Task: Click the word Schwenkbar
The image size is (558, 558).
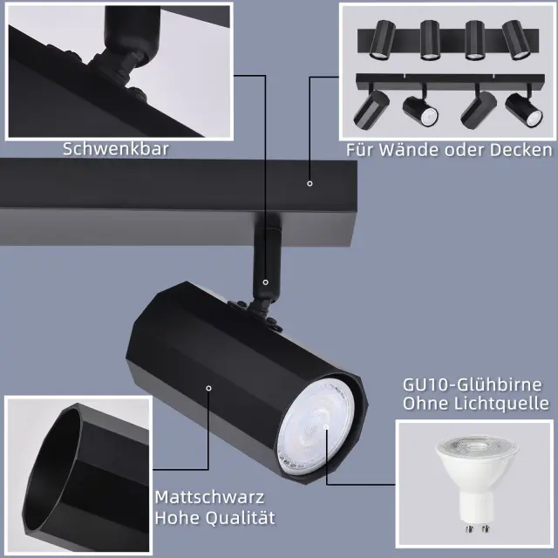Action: (x=116, y=149)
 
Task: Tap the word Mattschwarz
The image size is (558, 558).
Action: (x=209, y=497)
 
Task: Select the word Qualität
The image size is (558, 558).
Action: (x=241, y=518)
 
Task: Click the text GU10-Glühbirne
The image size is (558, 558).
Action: (x=473, y=385)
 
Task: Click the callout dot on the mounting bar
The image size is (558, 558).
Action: (x=310, y=184)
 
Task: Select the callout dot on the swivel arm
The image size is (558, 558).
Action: (x=265, y=282)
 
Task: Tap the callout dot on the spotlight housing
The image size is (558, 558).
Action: (x=209, y=388)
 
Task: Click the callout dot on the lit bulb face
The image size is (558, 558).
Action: (x=326, y=426)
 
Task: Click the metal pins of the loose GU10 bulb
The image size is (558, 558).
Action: (x=478, y=528)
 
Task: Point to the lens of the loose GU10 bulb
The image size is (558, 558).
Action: (x=477, y=449)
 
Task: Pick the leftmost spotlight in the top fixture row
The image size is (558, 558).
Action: (x=382, y=39)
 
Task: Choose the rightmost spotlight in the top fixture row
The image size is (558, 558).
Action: (x=516, y=39)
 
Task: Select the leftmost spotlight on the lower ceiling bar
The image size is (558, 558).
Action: (x=371, y=108)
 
